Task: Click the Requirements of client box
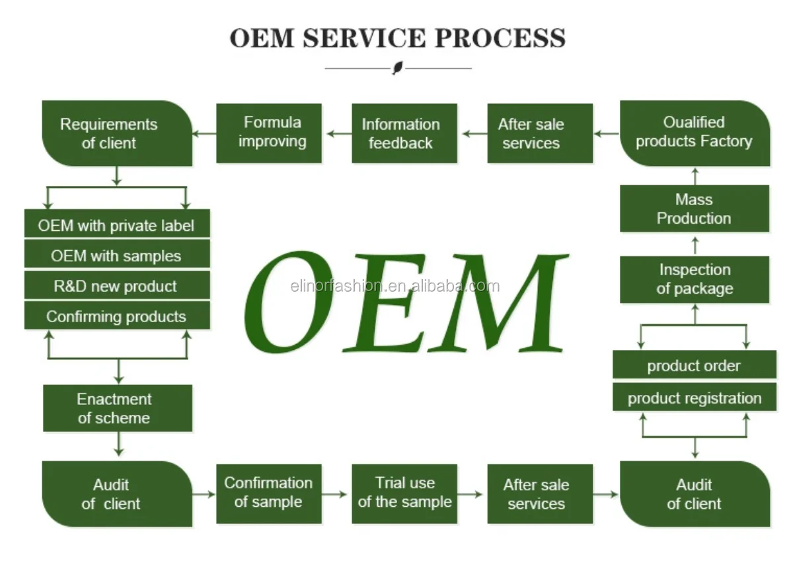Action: [x=117, y=133]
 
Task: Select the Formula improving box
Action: [x=269, y=133]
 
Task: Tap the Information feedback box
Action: [x=404, y=133]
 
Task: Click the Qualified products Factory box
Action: [x=695, y=133]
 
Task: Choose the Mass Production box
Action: [x=695, y=208]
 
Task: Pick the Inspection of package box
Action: [x=695, y=279]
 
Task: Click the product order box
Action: [x=695, y=365]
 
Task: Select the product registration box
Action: [x=695, y=397]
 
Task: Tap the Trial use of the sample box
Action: [x=404, y=494]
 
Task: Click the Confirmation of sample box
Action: [x=269, y=494]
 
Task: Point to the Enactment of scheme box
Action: [x=117, y=408]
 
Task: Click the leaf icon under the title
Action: [x=398, y=67]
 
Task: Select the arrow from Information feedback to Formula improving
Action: [x=339, y=134]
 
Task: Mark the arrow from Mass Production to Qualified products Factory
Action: [x=695, y=177]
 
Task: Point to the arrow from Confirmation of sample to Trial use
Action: [x=334, y=494]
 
